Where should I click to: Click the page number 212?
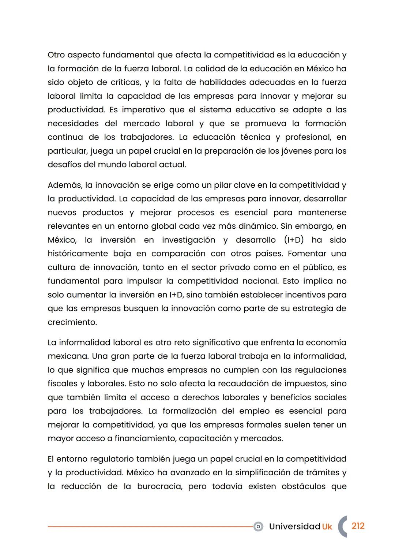click(358, 526)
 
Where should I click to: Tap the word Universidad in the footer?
click(294, 527)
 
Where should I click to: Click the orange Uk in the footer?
click(327, 527)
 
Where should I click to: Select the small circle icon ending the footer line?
click(258, 527)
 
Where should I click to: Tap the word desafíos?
click(64, 165)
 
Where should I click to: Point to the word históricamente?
click(77, 254)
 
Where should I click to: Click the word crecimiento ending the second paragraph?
click(72, 322)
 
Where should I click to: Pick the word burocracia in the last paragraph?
click(159, 487)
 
